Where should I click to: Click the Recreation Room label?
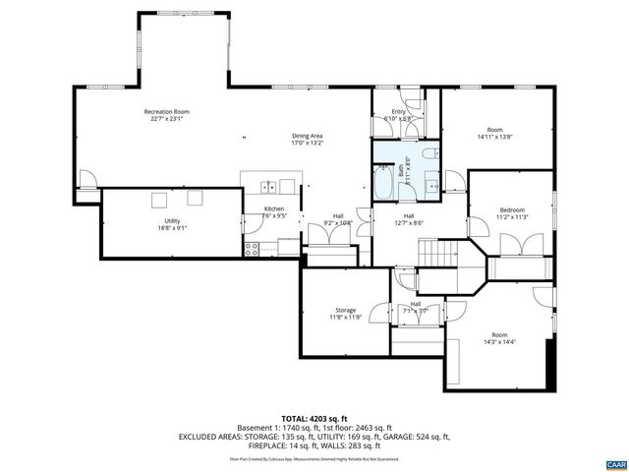pyautogui.click(x=167, y=112)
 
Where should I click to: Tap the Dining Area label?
pyautogui.click(x=308, y=136)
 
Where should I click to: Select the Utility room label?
pyautogui.click(x=172, y=220)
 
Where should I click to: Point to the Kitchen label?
pyautogui.click(x=273, y=209)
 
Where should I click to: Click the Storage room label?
pyautogui.click(x=344, y=311)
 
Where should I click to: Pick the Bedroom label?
pyautogui.click(x=512, y=209)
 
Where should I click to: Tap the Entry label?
pyautogui.click(x=398, y=112)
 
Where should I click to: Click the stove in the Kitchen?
pyautogui.click(x=252, y=248)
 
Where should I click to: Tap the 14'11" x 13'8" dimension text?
pyautogui.click(x=495, y=139)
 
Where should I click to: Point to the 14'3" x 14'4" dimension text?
pyautogui.click(x=498, y=343)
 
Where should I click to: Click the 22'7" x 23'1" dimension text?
pyautogui.click(x=167, y=120)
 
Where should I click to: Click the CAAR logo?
pyautogui.click(x=616, y=462)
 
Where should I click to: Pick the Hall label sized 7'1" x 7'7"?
pyautogui.click(x=416, y=305)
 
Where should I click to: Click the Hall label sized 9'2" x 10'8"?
pyautogui.click(x=337, y=215)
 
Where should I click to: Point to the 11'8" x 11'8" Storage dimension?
pyautogui.click(x=344, y=318)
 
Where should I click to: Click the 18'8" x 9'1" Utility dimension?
pyautogui.click(x=172, y=228)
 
